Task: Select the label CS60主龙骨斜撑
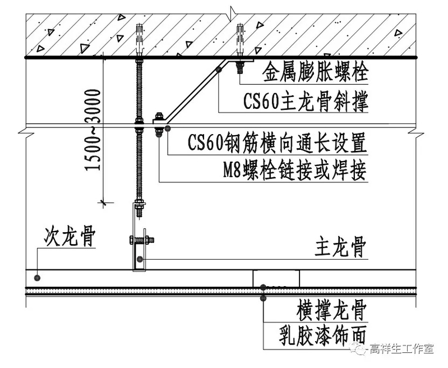tap(306, 102)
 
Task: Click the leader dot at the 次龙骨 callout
tap(36, 277)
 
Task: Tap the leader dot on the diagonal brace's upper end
tap(218, 68)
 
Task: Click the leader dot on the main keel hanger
tap(140, 259)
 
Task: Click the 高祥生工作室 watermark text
tap(402, 349)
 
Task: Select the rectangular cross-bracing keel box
tap(276, 278)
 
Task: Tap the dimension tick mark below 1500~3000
tap(103, 201)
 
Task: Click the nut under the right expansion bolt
tap(240, 68)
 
